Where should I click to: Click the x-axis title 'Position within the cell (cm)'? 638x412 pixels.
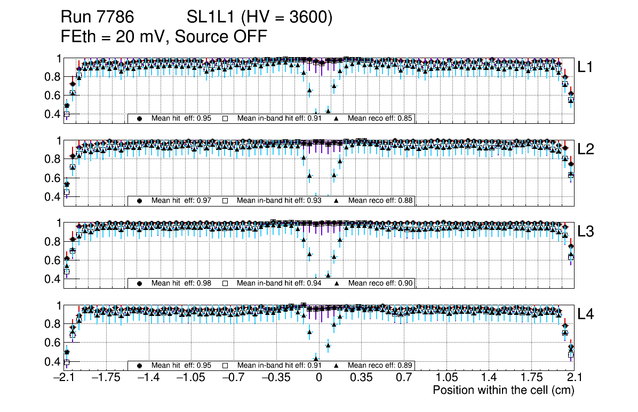pos(503,390)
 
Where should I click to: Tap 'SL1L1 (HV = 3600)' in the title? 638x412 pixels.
pos(260,18)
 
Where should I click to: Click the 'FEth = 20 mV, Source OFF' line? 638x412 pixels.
pos(164,37)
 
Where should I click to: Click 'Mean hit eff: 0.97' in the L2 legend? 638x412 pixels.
pos(181,201)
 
